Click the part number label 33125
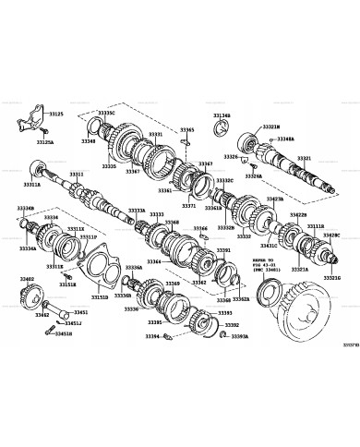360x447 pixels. click(55, 114)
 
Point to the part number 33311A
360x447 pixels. click(32, 185)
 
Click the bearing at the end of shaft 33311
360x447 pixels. click(41, 169)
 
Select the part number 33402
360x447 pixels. click(27, 278)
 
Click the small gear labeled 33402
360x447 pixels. click(28, 298)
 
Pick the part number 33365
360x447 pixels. click(187, 130)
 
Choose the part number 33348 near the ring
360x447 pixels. click(88, 141)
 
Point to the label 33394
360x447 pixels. click(152, 337)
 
